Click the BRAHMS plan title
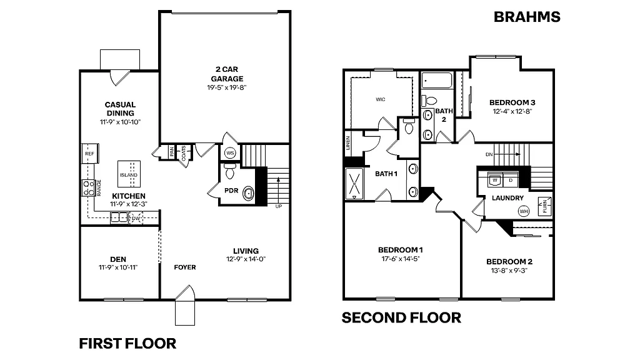526,17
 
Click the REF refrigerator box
89,153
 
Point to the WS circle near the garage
229,152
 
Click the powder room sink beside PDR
248,194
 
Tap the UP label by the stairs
277,206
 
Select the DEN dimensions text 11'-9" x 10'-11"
117,267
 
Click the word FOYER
185,267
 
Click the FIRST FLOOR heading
127,343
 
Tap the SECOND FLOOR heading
401,318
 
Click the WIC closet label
380,99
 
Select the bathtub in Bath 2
436,81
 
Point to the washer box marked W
494,180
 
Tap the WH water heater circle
522,212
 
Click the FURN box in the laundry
546,206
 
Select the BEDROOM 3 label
512,102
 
